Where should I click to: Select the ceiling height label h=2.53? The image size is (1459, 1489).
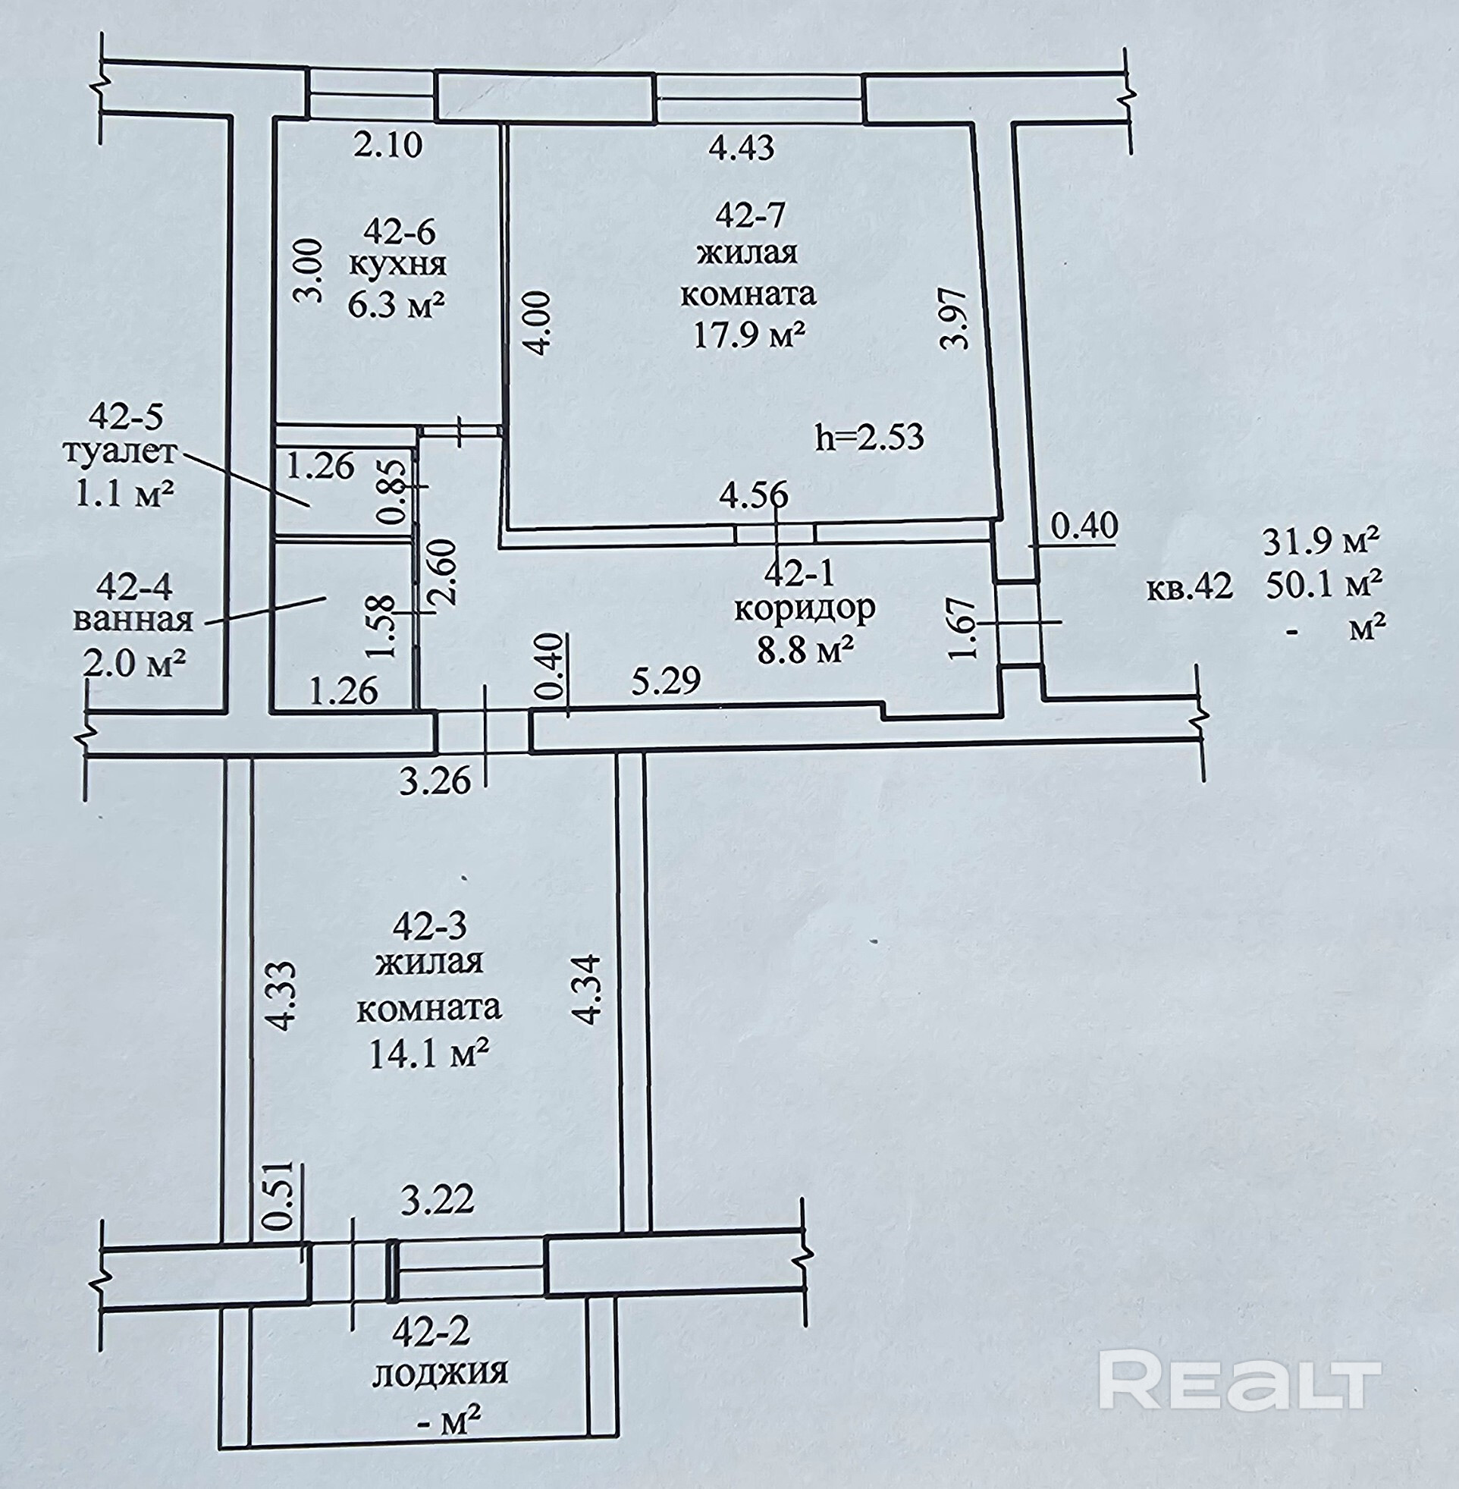click(870, 437)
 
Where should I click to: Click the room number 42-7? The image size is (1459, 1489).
click(750, 216)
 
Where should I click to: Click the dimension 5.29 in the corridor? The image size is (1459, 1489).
click(666, 680)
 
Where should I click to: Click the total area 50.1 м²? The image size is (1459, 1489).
click(1323, 586)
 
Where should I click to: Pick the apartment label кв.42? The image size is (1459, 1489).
click(1189, 588)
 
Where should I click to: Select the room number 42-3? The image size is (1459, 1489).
click(429, 926)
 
